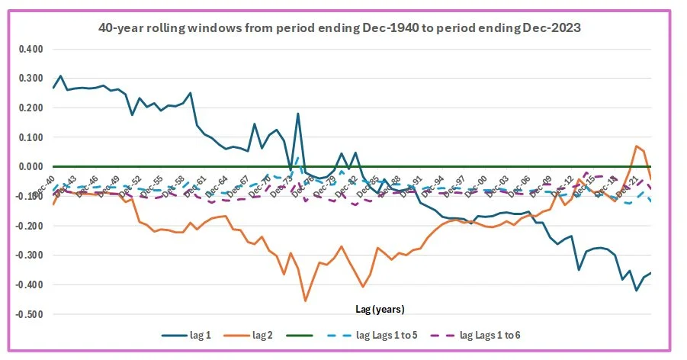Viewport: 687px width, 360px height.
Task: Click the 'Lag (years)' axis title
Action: click(380, 310)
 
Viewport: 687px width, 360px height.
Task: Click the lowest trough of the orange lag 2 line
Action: click(305, 301)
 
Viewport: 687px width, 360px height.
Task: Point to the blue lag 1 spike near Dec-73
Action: click(298, 114)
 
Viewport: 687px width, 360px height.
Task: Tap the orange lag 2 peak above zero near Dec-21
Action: click(637, 146)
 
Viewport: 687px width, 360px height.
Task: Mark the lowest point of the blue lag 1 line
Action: click(637, 291)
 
